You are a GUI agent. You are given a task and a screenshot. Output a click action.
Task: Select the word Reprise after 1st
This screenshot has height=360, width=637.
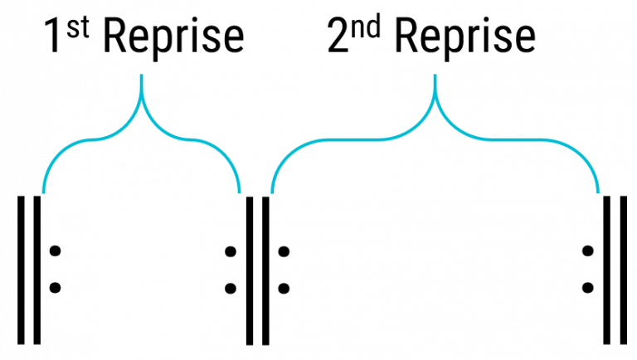[175, 37]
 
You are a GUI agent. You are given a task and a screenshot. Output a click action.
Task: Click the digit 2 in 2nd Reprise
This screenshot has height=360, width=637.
[338, 37]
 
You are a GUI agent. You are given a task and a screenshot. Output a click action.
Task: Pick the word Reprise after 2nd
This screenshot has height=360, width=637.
[465, 37]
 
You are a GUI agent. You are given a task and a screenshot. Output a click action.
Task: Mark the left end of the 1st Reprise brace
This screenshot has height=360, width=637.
[43, 194]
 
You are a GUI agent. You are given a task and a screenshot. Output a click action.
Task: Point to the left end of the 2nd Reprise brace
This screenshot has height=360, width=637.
[272, 194]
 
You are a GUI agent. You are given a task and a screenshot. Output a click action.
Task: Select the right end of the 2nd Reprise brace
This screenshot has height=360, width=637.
[599, 194]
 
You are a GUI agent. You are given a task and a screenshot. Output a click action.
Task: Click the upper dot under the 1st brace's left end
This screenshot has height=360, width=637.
[55, 251]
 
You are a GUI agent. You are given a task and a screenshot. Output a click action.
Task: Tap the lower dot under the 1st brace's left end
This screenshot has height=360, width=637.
[55, 288]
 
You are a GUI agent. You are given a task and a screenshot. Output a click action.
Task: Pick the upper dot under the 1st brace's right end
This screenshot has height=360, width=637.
[231, 251]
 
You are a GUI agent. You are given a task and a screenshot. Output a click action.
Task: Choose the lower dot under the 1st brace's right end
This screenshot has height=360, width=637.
[231, 288]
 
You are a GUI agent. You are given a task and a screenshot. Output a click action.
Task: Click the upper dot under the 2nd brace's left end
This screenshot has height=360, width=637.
[284, 251]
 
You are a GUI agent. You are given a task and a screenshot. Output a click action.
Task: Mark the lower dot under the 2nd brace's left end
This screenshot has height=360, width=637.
[284, 288]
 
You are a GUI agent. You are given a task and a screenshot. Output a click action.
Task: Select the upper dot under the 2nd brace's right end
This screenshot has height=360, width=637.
[588, 251]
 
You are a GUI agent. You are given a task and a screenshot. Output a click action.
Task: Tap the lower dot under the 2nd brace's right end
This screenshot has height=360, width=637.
[588, 288]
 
